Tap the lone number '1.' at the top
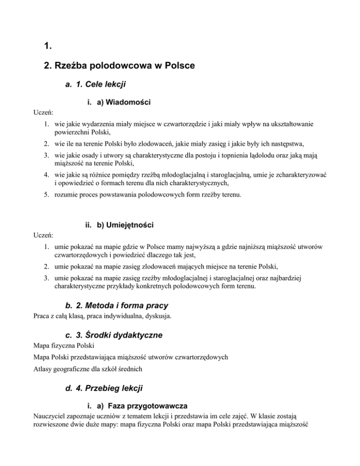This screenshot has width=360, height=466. tap(46, 46)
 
